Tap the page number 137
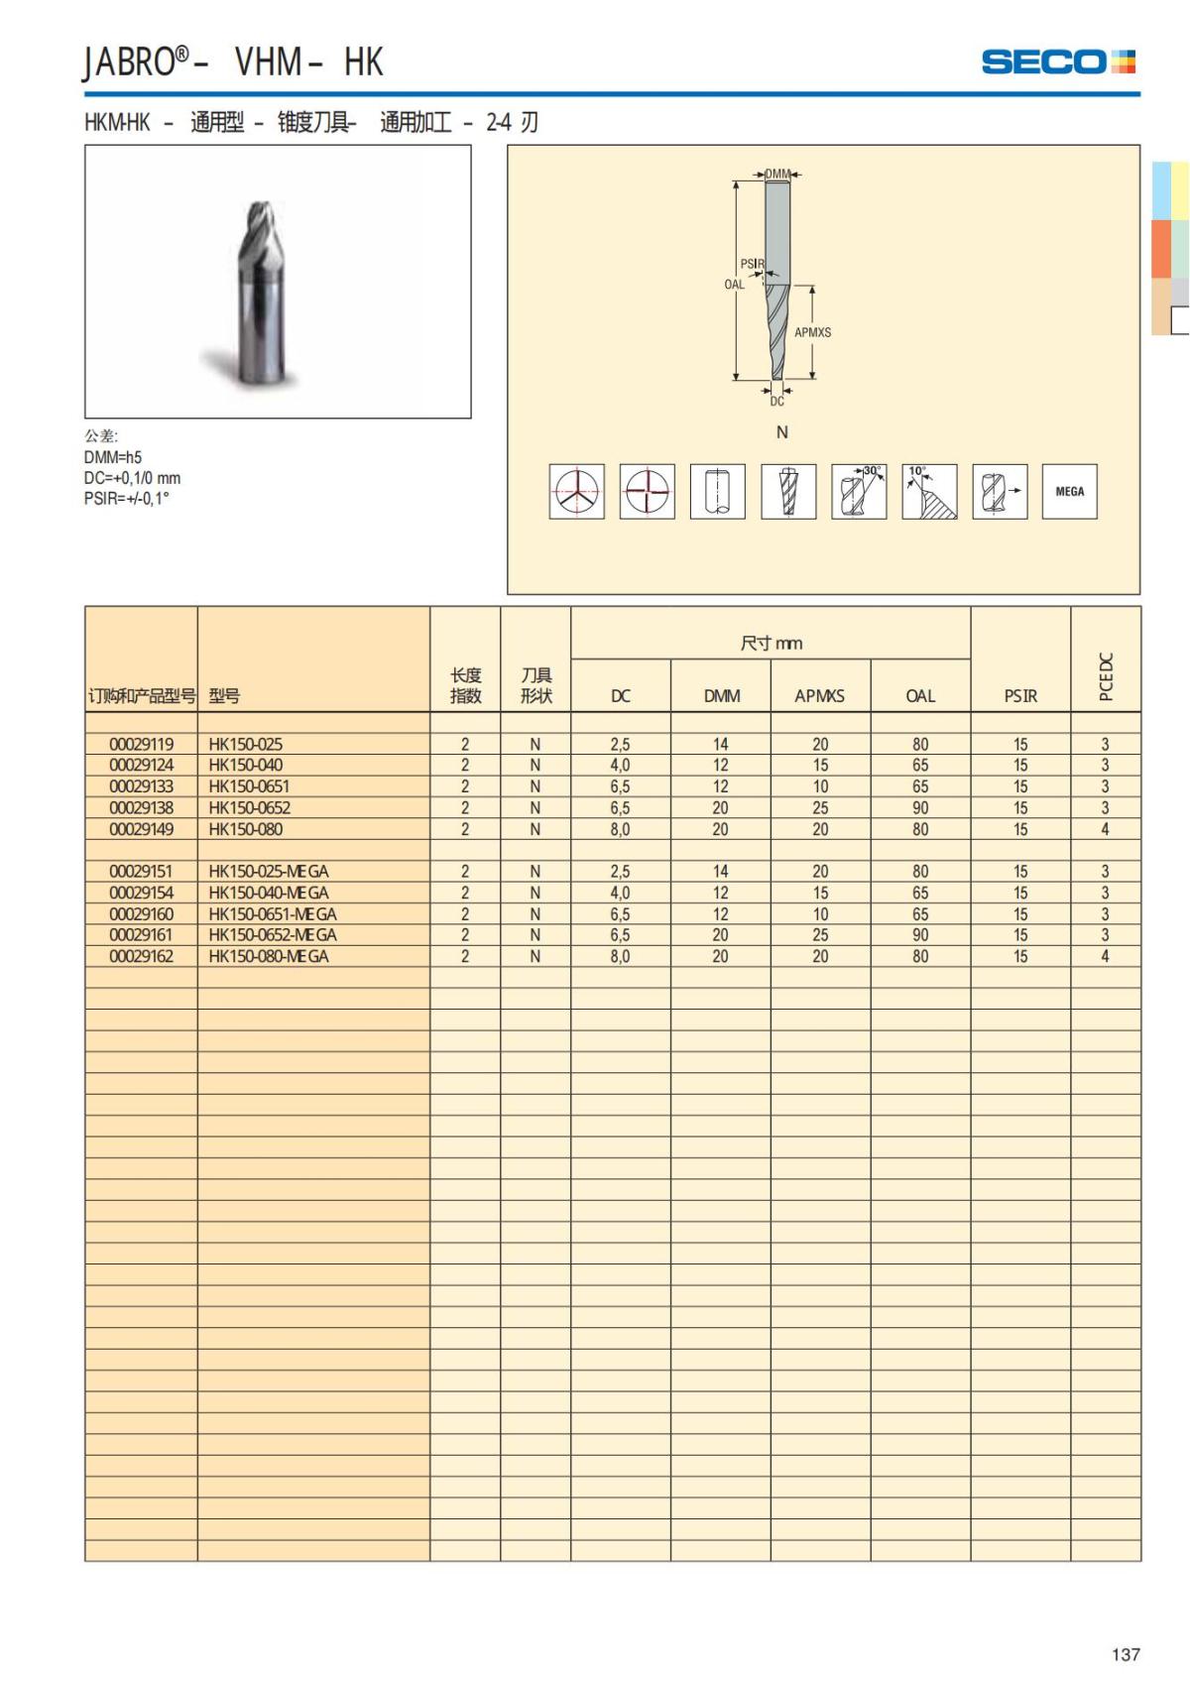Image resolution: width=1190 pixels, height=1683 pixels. [1126, 1654]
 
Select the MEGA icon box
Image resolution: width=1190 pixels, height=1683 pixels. [1069, 491]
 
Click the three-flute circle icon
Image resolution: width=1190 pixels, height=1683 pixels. [576, 491]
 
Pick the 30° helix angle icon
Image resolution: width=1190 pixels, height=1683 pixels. [859, 491]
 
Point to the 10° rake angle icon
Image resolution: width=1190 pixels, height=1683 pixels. [929, 491]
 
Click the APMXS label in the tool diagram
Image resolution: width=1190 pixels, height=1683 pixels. [812, 332]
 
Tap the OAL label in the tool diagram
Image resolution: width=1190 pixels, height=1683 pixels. [734, 285]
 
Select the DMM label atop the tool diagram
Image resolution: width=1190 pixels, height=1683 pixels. [777, 175]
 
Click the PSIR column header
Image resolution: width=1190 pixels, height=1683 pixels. [1020, 696]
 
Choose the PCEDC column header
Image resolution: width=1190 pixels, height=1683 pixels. [1107, 676]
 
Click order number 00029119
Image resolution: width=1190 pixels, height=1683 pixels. [141, 744]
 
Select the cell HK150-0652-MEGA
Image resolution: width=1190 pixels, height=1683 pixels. [273, 935]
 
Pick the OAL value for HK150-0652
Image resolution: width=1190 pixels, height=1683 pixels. [920, 808]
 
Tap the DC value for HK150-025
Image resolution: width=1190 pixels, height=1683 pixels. [620, 744]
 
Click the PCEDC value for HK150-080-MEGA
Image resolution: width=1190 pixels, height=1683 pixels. [1105, 957]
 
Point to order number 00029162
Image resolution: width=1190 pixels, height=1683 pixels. [141, 957]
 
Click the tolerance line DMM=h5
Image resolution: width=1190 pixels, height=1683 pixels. [113, 457]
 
